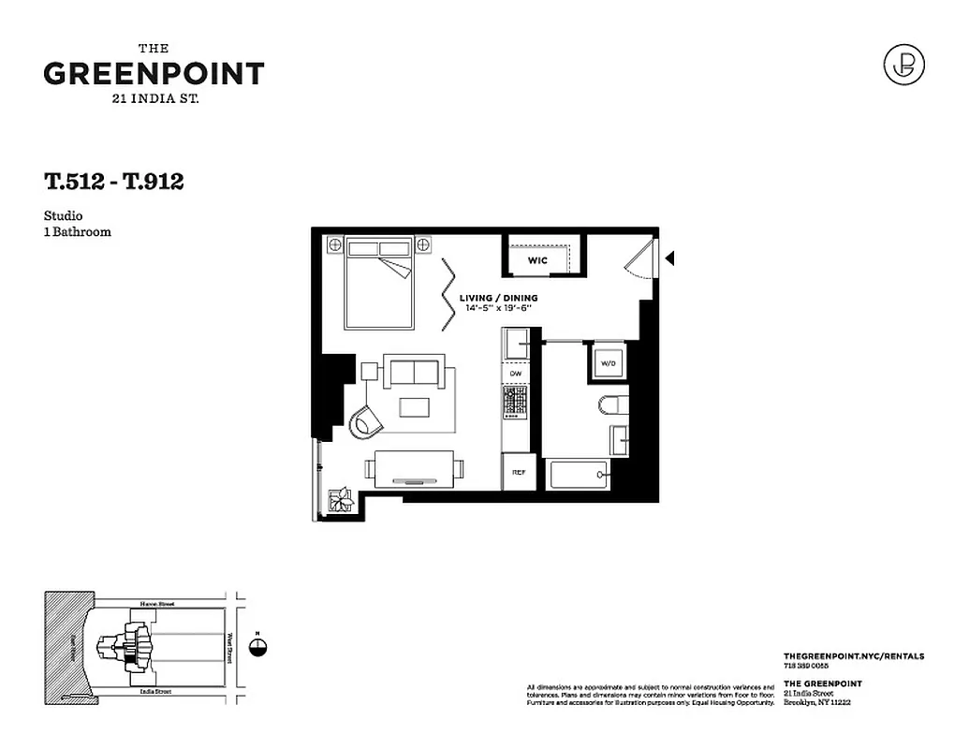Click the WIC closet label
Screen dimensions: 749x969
[536, 260]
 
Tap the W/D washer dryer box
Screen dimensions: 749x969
[607, 362]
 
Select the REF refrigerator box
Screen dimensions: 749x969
[518, 473]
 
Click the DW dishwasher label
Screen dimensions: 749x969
[515, 374]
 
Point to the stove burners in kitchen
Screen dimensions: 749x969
[515, 402]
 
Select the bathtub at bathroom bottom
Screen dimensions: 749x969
[578, 475]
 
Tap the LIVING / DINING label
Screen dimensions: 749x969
[498, 299]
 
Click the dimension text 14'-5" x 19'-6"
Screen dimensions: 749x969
[498, 308]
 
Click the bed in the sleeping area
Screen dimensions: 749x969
[379, 286]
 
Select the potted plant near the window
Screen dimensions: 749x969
[340, 501]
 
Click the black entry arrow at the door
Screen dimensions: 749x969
[668, 257]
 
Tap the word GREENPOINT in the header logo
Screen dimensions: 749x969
[154, 74]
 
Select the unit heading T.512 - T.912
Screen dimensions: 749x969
[113, 182]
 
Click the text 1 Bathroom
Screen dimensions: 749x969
[77, 231]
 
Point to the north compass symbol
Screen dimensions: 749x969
[259, 646]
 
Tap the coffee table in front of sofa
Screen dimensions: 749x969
[414, 407]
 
